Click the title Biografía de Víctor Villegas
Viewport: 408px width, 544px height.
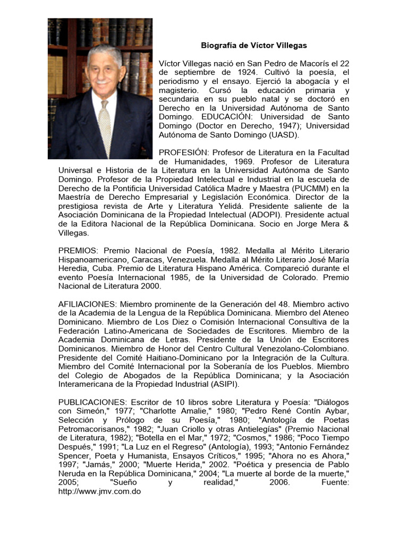[253, 46]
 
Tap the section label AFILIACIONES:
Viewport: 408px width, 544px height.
[87, 304]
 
